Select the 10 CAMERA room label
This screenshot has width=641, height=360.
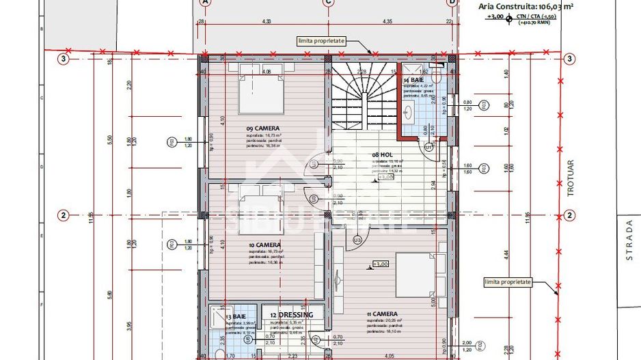click(x=264, y=245)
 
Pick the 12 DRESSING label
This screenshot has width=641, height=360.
click(x=291, y=315)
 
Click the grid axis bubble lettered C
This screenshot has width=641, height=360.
click(x=328, y=2)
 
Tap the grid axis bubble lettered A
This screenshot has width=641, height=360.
click(x=204, y=2)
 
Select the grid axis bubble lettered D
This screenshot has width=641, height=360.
click(x=451, y=2)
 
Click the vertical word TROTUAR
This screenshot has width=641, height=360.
click(x=571, y=182)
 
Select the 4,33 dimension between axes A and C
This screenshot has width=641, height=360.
click(x=266, y=21)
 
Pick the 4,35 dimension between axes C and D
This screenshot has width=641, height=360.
click(x=387, y=21)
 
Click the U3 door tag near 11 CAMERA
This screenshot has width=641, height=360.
click(x=357, y=240)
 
